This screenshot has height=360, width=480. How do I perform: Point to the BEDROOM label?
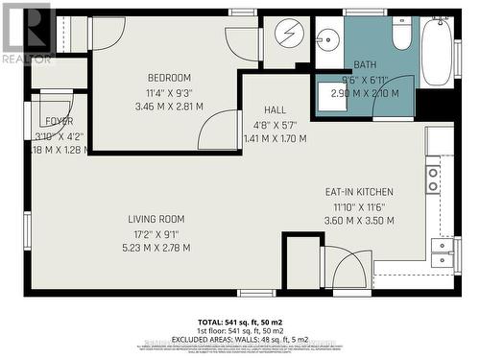(170, 78)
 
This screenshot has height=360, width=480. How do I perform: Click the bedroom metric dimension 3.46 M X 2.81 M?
(170, 108)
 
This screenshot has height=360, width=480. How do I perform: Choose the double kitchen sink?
(441, 252)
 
